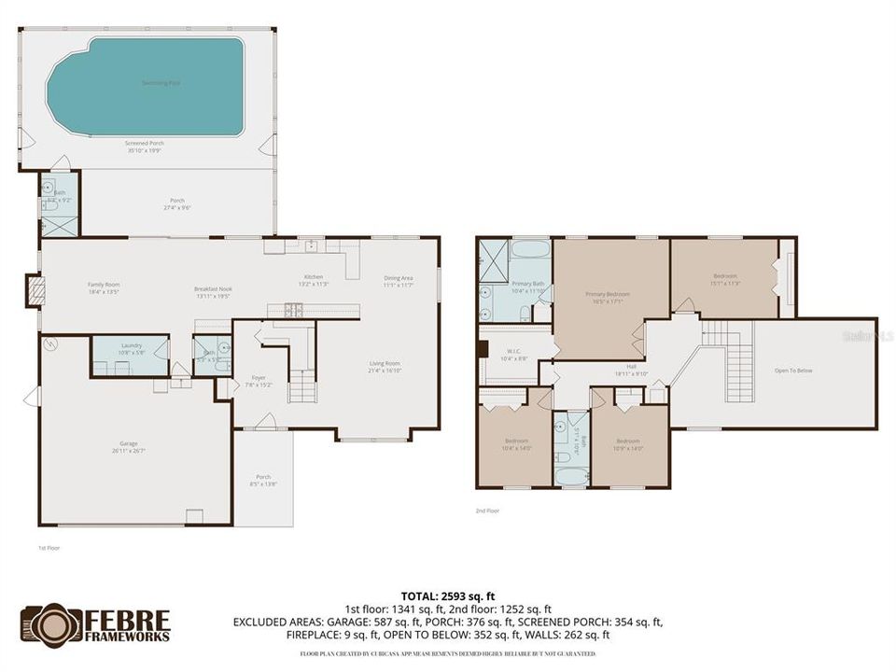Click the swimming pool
pyautogui.click(x=145, y=86)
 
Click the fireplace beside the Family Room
pyautogui.click(x=34, y=291)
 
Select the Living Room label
pyautogui.click(x=385, y=366)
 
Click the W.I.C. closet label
pyautogui.click(x=514, y=355)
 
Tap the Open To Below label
pyautogui.click(x=793, y=371)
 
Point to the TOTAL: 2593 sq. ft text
pyautogui.click(x=447, y=595)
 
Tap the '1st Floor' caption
pyautogui.click(x=49, y=548)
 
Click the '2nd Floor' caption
pyautogui.click(x=487, y=511)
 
